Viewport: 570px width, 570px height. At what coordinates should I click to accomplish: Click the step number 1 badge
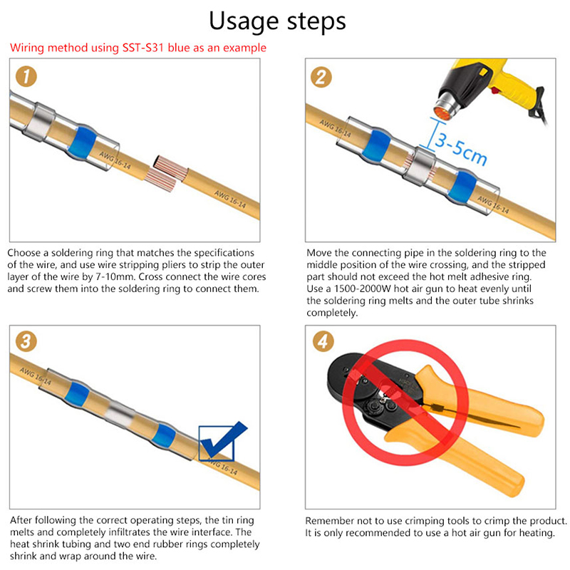(x=26, y=76)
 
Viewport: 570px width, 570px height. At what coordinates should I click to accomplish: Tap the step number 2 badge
(x=321, y=77)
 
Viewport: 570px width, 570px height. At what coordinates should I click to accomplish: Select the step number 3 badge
(x=26, y=341)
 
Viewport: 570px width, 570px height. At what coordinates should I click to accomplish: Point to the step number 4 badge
(x=323, y=341)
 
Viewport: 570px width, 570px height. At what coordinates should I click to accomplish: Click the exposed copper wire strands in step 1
(x=165, y=174)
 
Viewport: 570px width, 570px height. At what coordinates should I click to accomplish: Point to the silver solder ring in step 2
(x=420, y=165)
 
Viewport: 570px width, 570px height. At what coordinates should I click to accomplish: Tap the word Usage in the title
(x=244, y=21)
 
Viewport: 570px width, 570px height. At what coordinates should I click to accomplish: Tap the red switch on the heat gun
(x=494, y=90)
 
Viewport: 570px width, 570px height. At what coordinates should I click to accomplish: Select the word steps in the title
(x=316, y=21)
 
